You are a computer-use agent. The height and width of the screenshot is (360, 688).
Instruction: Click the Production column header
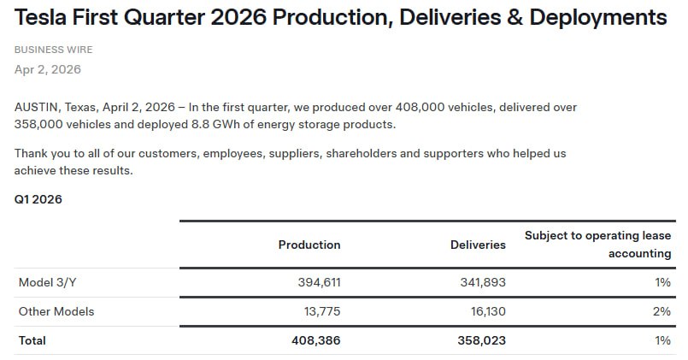(309, 245)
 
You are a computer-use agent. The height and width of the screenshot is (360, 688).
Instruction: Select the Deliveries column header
(478, 245)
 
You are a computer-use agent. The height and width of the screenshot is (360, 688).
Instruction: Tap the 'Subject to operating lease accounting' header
(597, 244)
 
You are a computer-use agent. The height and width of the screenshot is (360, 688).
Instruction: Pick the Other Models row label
(56, 311)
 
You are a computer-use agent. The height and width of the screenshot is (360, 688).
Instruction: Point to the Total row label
(32, 340)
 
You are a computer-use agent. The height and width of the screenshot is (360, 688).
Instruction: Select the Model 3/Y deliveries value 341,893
(480, 282)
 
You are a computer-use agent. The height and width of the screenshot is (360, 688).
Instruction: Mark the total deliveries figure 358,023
(480, 340)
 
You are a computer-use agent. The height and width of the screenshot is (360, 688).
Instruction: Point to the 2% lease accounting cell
(662, 311)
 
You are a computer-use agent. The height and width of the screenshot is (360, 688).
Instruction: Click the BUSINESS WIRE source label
(54, 50)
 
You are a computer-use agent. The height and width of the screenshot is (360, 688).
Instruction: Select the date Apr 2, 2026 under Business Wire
(48, 69)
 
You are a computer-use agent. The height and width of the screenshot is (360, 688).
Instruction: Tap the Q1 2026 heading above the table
(38, 199)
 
